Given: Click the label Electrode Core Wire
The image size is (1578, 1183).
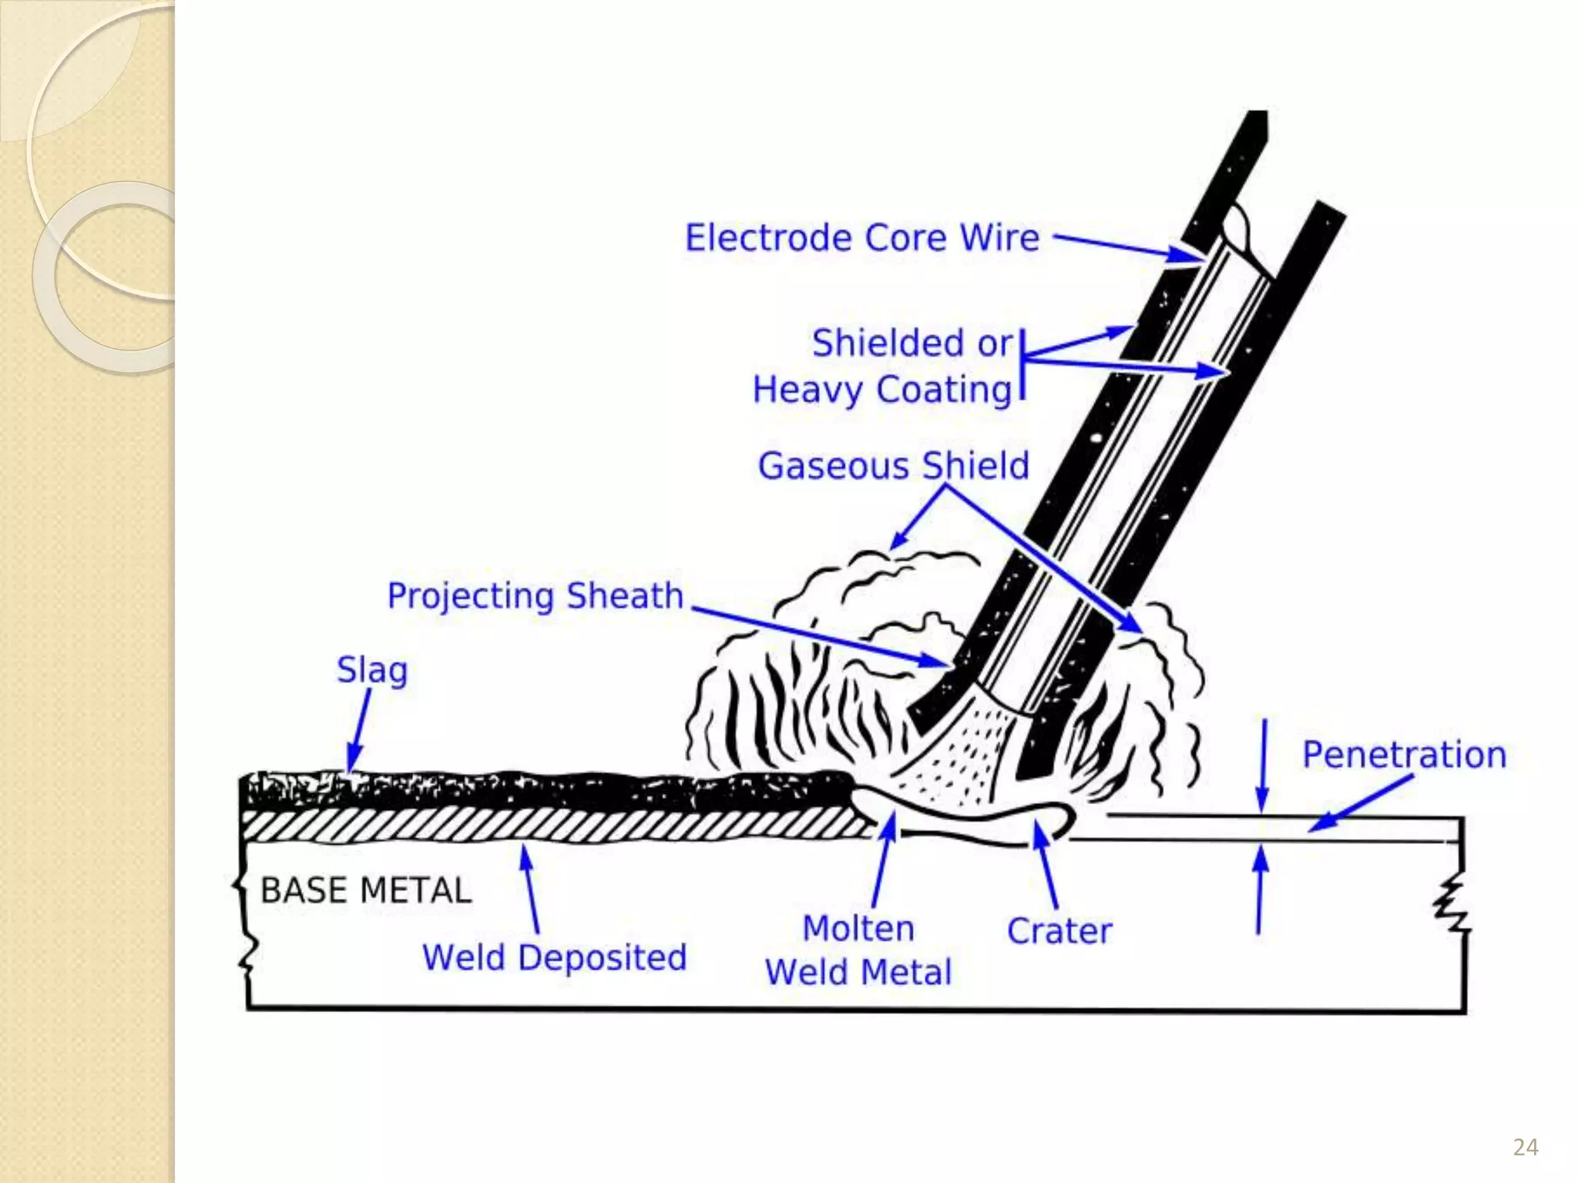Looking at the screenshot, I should pyautogui.click(x=862, y=238).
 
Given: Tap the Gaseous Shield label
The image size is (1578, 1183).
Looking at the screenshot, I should pyautogui.click(x=893, y=466).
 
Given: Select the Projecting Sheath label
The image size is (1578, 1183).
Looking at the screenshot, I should pyautogui.click(x=536, y=596).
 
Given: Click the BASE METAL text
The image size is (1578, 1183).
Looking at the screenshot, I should pyautogui.click(x=366, y=891).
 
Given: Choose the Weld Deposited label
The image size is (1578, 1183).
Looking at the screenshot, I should pyautogui.click(x=554, y=958).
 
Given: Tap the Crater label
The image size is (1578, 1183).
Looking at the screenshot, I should pyautogui.click(x=1059, y=931).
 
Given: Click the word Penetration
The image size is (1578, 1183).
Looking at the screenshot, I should pyautogui.click(x=1404, y=755).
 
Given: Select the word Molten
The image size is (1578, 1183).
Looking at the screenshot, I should pyautogui.click(x=858, y=929).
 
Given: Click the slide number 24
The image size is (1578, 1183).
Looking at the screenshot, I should pyautogui.click(x=1526, y=1148).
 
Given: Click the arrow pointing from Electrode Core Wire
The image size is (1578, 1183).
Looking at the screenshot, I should pyautogui.click(x=1125, y=246).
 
